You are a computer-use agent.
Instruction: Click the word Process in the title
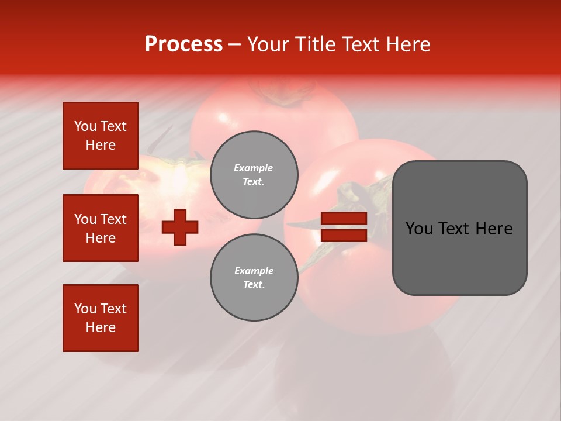pyautogui.click(x=183, y=44)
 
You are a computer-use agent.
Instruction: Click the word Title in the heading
pyautogui.click(x=315, y=44)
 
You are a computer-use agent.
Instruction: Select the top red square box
pyautogui.click(x=101, y=136)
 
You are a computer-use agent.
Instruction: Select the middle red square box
pyautogui.click(x=101, y=228)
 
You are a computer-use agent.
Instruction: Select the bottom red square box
pyautogui.click(x=101, y=318)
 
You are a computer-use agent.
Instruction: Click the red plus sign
pyautogui.click(x=180, y=227)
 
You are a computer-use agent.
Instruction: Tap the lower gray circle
pyautogui.click(x=254, y=278)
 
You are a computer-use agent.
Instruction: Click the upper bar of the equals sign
pyautogui.click(x=344, y=219)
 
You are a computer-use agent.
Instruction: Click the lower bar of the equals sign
pyautogui.click(x=344, y=235)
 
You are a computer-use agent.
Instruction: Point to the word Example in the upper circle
pyautogui.click(x=254, y=168)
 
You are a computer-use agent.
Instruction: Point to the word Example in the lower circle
pyautogui.click(x=254, y=271)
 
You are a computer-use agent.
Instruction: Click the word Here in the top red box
pyautogui.click(x=101, y=145)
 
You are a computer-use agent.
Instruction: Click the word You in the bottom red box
pyautogui.click(x=85, y=309)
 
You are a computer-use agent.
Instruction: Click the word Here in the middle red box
pyautogui.click(x=101, y=238)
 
